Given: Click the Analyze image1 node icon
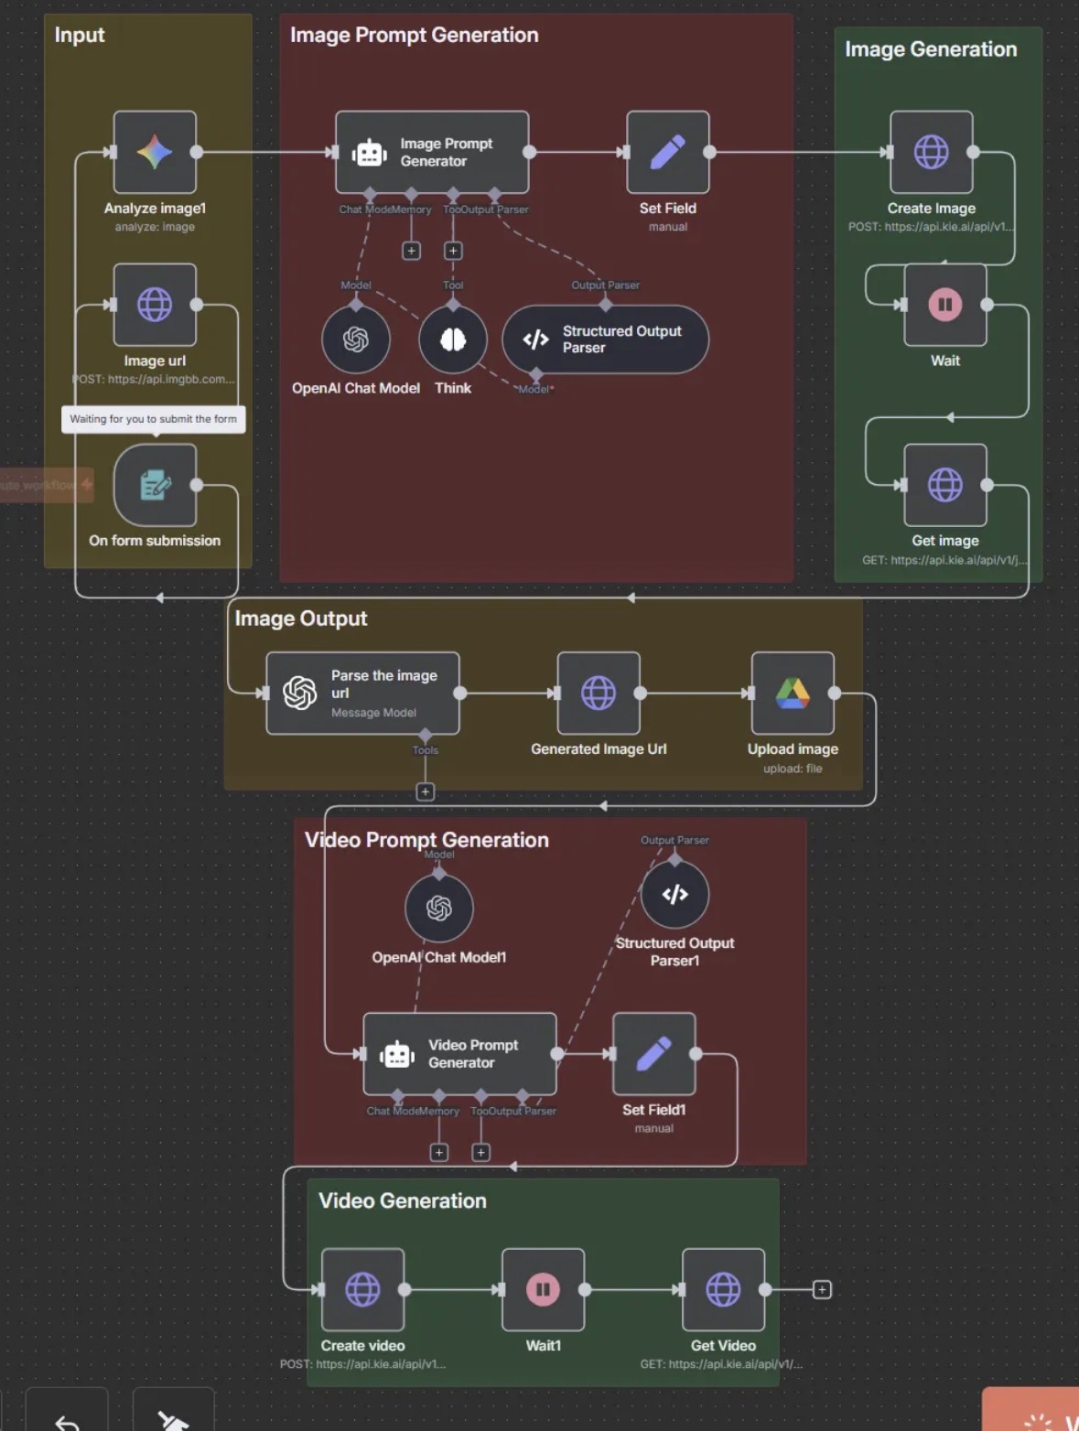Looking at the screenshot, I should coord(155,152).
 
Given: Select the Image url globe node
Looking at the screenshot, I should coord(155,304).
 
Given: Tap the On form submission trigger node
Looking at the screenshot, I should coord(155,485).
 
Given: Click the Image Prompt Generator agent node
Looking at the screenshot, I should coord(432,152).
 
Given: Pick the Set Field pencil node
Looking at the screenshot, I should coord(667,152).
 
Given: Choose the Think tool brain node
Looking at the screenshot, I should coord(453,339).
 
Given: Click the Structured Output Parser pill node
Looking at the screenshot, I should coord(605,339).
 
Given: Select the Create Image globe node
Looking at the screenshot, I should coord(931,152).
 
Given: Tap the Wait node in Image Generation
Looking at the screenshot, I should coord(944,304).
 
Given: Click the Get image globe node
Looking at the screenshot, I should coord(944,485).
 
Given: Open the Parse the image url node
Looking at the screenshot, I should coord(362,693).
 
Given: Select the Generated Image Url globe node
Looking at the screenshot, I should coord(599,693).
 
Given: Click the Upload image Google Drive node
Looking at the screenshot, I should coord(793,693).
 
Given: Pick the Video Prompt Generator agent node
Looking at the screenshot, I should coord(459,1054).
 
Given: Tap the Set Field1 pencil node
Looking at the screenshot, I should coord(653,1054).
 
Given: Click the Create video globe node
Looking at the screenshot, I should coord(362,1289).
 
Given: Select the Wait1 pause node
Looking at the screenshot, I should coord(543,1289).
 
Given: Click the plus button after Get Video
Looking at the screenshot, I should coord(822,1289).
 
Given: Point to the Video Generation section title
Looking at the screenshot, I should coord(403,1200).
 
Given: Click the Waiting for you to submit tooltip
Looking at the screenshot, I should coord(153,419).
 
